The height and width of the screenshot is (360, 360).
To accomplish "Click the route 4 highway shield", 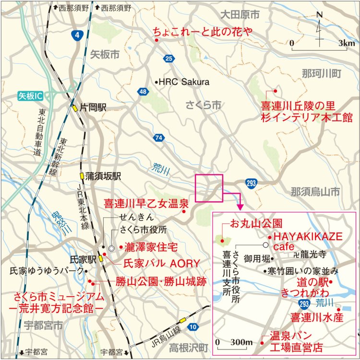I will tap(77, 35).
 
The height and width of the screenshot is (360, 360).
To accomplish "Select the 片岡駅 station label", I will tap(93, 108).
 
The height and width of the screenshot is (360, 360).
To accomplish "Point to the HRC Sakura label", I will tap(184, 82).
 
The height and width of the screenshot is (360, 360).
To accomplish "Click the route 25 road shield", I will tap(168, 58).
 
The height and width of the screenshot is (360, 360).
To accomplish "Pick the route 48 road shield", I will tap(143, 92).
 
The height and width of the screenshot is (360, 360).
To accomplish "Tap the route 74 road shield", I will tap(159, 138).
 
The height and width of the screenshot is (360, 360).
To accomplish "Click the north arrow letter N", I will tap(320, 14).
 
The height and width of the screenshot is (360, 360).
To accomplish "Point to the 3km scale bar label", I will tap(346, 43).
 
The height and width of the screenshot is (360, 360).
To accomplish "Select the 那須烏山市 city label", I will tap(315, 192).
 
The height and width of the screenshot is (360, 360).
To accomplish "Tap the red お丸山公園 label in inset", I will tap(256, 223).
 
